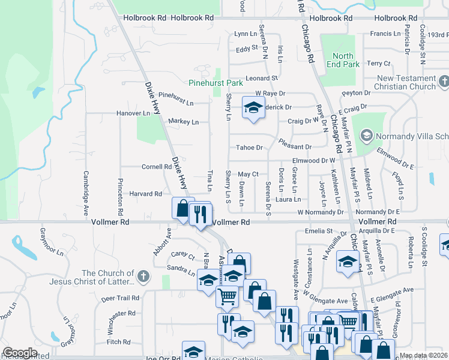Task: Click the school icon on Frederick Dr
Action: point(253,108)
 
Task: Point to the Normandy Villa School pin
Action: point(365,136)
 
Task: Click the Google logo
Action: point(20,353)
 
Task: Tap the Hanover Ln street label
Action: point(133,113)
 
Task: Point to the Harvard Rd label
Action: point(145,194)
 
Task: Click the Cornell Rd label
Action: point(156,167)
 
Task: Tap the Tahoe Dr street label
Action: point(250,148)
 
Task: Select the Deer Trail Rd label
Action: point(120,298)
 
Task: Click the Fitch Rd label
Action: point(118,342)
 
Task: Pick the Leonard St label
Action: point(262,78)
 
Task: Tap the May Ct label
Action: point(248,174)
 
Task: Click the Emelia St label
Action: point(318,230)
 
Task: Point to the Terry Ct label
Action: point(379,63)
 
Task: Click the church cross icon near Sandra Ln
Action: point(142,277)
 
